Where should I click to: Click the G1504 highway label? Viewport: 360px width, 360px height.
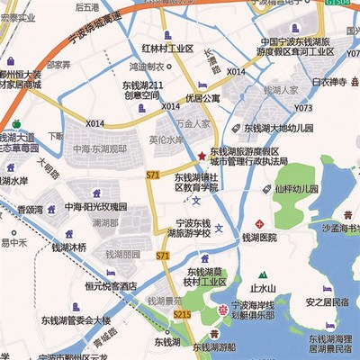337,4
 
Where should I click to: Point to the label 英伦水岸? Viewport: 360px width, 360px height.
166,140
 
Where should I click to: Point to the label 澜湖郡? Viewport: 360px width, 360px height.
106,221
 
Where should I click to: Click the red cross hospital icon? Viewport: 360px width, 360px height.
259,221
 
